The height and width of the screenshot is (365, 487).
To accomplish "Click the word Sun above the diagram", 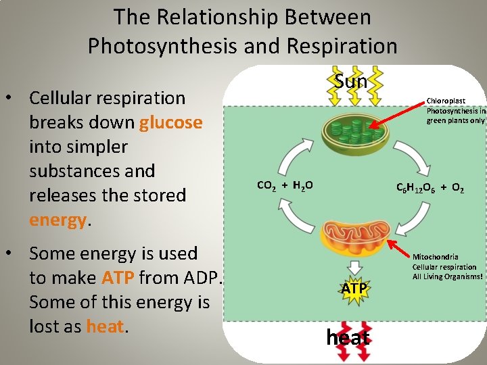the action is tap(351, 82).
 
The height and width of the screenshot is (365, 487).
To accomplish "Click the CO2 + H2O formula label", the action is tap(285, 184).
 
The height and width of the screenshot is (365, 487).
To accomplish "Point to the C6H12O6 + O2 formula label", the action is tap(430, 189).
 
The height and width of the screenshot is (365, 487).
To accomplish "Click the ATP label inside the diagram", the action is tap(353, 289).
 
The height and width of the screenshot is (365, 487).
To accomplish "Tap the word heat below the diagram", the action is tap(348, 337).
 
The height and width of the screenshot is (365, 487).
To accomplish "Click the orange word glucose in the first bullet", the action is tap(170, 122).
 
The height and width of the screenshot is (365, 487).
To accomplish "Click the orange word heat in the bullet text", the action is tap(105, 326).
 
